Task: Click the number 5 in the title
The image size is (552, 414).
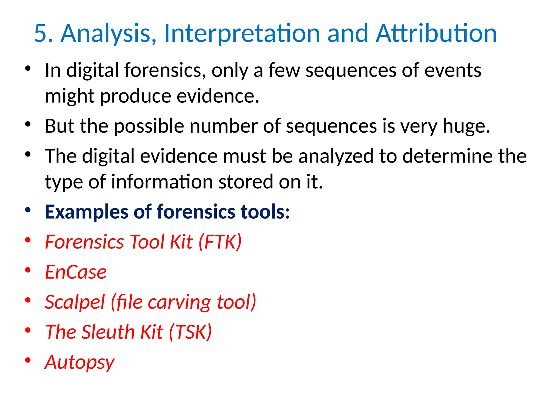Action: (x=41, y=33)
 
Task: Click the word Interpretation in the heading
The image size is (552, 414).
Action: (x=242, y=33)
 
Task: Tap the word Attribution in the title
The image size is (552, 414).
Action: (x=436, y=33)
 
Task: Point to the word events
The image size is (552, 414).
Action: (x=453, y=70)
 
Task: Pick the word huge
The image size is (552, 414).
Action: (x=466, y=126)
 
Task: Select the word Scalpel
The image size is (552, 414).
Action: (x=75, y=302)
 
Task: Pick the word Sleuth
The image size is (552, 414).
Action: (x=108, y=332)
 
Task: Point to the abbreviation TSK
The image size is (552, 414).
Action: (x=190, y=332)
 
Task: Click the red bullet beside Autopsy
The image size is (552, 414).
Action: (x=27, y=360)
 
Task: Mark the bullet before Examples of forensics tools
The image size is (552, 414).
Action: (x=27, y=210)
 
